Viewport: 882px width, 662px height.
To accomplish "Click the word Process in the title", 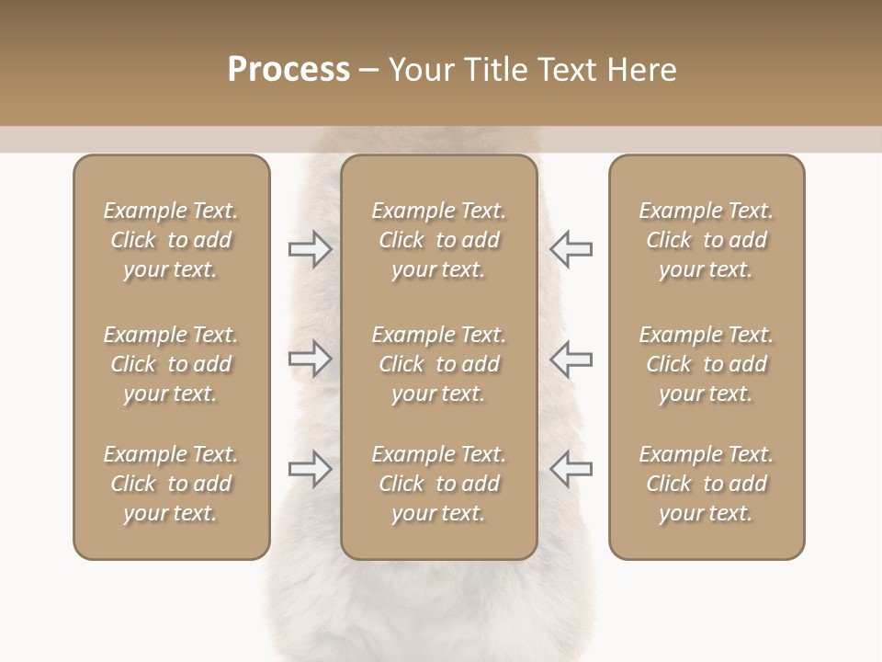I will point(288,70).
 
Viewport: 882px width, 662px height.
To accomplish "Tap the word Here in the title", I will point(641,70).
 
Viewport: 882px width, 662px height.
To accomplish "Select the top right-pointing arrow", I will point(311,249).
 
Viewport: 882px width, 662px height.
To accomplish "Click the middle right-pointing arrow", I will point(311,359).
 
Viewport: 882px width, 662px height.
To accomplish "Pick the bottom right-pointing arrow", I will point(311,469).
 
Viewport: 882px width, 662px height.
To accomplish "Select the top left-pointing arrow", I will point(571,249).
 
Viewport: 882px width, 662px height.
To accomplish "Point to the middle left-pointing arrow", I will point(571,359).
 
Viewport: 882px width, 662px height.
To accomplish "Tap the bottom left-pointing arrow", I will point(571,469).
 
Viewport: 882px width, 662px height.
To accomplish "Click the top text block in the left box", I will point(171,240).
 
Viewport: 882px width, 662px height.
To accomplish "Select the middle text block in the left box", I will point(171,364).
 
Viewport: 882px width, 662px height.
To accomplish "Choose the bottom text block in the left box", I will point(171,484).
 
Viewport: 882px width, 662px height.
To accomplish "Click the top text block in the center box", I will point(438,240).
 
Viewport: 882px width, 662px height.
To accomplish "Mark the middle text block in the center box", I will point(438,364).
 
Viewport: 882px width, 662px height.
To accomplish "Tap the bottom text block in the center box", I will point(438,484).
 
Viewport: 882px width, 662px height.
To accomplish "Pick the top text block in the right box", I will point(706,240).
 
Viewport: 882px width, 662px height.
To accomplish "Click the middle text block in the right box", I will point(706,364).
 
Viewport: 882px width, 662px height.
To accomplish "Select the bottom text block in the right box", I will point(706,484).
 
